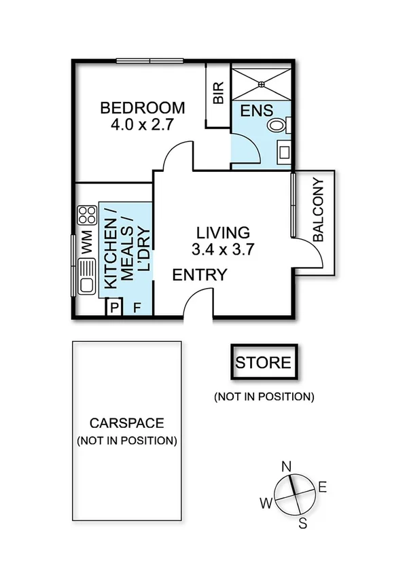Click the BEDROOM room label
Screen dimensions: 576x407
[x=142, y=107]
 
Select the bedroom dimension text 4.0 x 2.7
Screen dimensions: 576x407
[x=142, y=124]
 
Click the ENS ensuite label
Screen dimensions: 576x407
[x=256, y=110]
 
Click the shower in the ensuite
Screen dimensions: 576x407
[x=262, y=82]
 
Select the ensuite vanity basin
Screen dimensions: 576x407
[x=283, y=152]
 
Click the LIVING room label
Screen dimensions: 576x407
[x=223, y=232]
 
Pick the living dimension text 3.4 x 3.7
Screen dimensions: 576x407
[x=223, y=249]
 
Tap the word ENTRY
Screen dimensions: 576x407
[x=199, y=274]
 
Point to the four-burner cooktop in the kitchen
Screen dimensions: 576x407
[x=87, y=216]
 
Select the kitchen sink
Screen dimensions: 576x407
[x=86, y=280]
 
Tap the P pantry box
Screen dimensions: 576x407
[x=113, y=308]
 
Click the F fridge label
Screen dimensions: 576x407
[x=137, y=308]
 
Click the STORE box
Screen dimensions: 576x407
[x=263, y=363]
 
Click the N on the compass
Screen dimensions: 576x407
[x=287, y=467]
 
